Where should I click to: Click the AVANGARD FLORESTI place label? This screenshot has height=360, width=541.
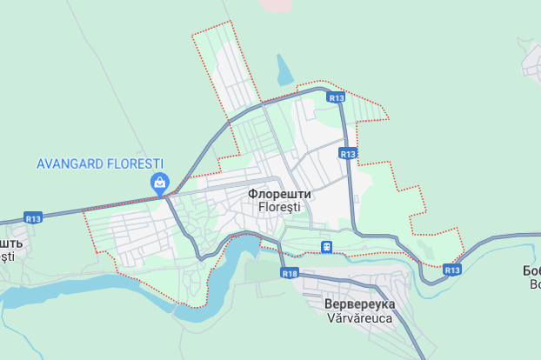coord(100,163)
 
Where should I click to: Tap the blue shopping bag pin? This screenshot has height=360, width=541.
coord(160,183)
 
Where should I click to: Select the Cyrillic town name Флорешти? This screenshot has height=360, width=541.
coord(279,194)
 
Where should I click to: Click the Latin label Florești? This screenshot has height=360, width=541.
coord(279,208)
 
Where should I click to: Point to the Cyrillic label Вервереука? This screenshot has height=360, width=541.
coord(359,304)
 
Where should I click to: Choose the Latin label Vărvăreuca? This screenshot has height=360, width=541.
coord(359,318)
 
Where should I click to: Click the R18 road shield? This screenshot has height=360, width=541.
coord(290,273)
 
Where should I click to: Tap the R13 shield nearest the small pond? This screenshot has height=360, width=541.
coord(337,98)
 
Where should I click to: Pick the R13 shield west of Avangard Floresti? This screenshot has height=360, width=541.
coord(33,218)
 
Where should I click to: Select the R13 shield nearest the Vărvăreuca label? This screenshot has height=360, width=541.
coord(451,270)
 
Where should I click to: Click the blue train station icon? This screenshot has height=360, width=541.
coord(325,247)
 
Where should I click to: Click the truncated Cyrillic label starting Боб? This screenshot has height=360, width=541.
coord(531,270)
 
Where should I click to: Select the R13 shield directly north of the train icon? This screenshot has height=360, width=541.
coord(348,153)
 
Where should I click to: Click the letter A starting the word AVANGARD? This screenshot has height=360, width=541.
coord(41,163)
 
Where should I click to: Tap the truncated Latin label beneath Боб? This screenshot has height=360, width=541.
coord(534,283)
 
